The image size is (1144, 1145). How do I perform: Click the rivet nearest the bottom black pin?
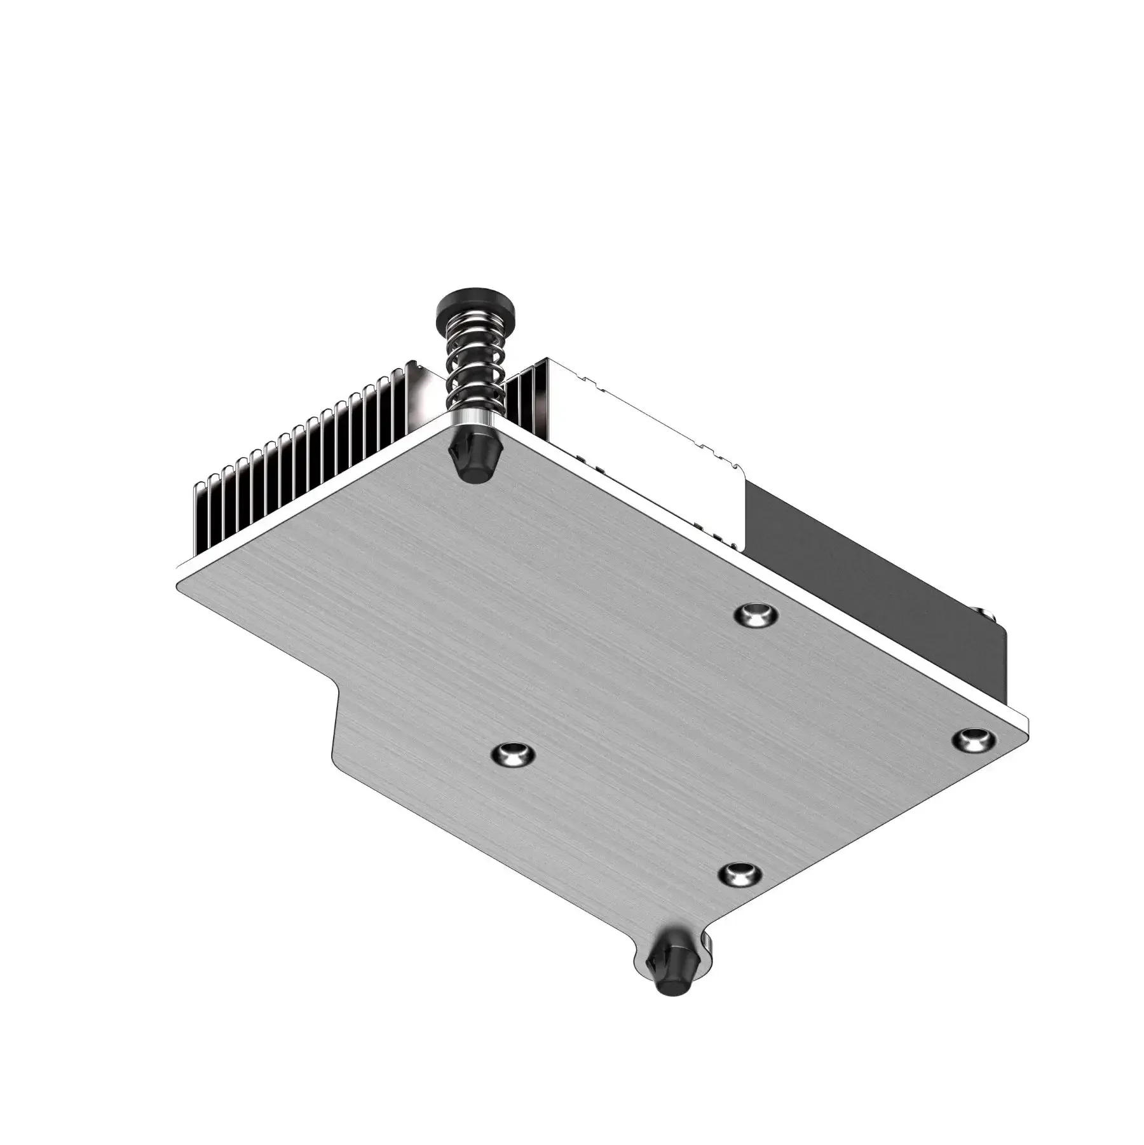(x=739, y=874)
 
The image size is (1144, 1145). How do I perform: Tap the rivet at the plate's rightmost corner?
(x=973, y=739)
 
